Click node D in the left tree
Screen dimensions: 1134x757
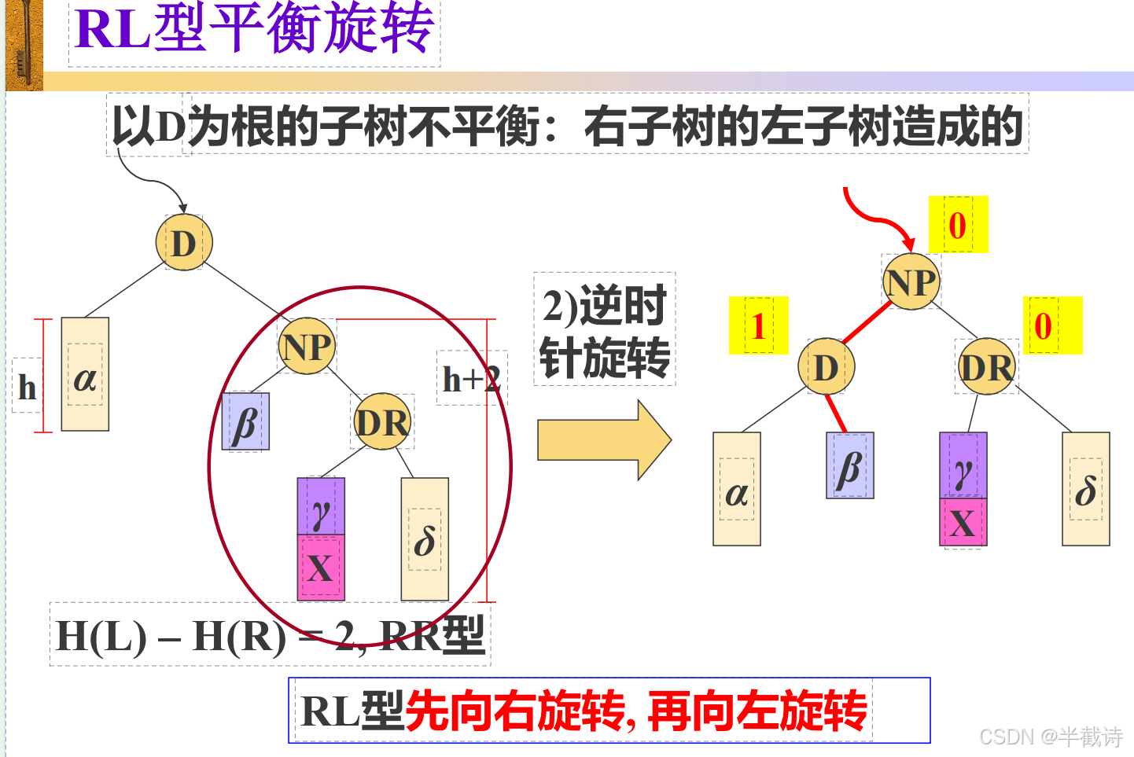point(184,243)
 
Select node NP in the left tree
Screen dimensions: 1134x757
point(307,346)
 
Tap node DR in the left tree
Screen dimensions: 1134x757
point(382,422)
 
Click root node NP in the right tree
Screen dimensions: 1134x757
point(911,281)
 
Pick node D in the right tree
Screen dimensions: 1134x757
point(826,366)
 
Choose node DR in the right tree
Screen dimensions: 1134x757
point(987,366)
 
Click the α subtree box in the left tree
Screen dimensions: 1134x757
point(85,374)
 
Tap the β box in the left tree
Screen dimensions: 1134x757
point(245,422)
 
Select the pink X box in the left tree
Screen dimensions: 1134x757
point(320,568)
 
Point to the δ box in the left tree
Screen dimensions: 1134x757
point(425,539)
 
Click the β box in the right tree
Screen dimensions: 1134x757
point(849,465)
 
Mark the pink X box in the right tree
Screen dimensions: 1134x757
point(963,522)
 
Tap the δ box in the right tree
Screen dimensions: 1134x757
point(1085,489)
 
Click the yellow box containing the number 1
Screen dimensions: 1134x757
point(758,325)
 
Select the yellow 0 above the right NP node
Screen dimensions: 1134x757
point(958,225)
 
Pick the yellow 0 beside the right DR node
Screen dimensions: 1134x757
point(1052,325)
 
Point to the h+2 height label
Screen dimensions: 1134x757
point(471,379)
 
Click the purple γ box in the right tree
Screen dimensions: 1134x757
point(963,465)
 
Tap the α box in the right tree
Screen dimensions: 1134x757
point(736,489)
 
